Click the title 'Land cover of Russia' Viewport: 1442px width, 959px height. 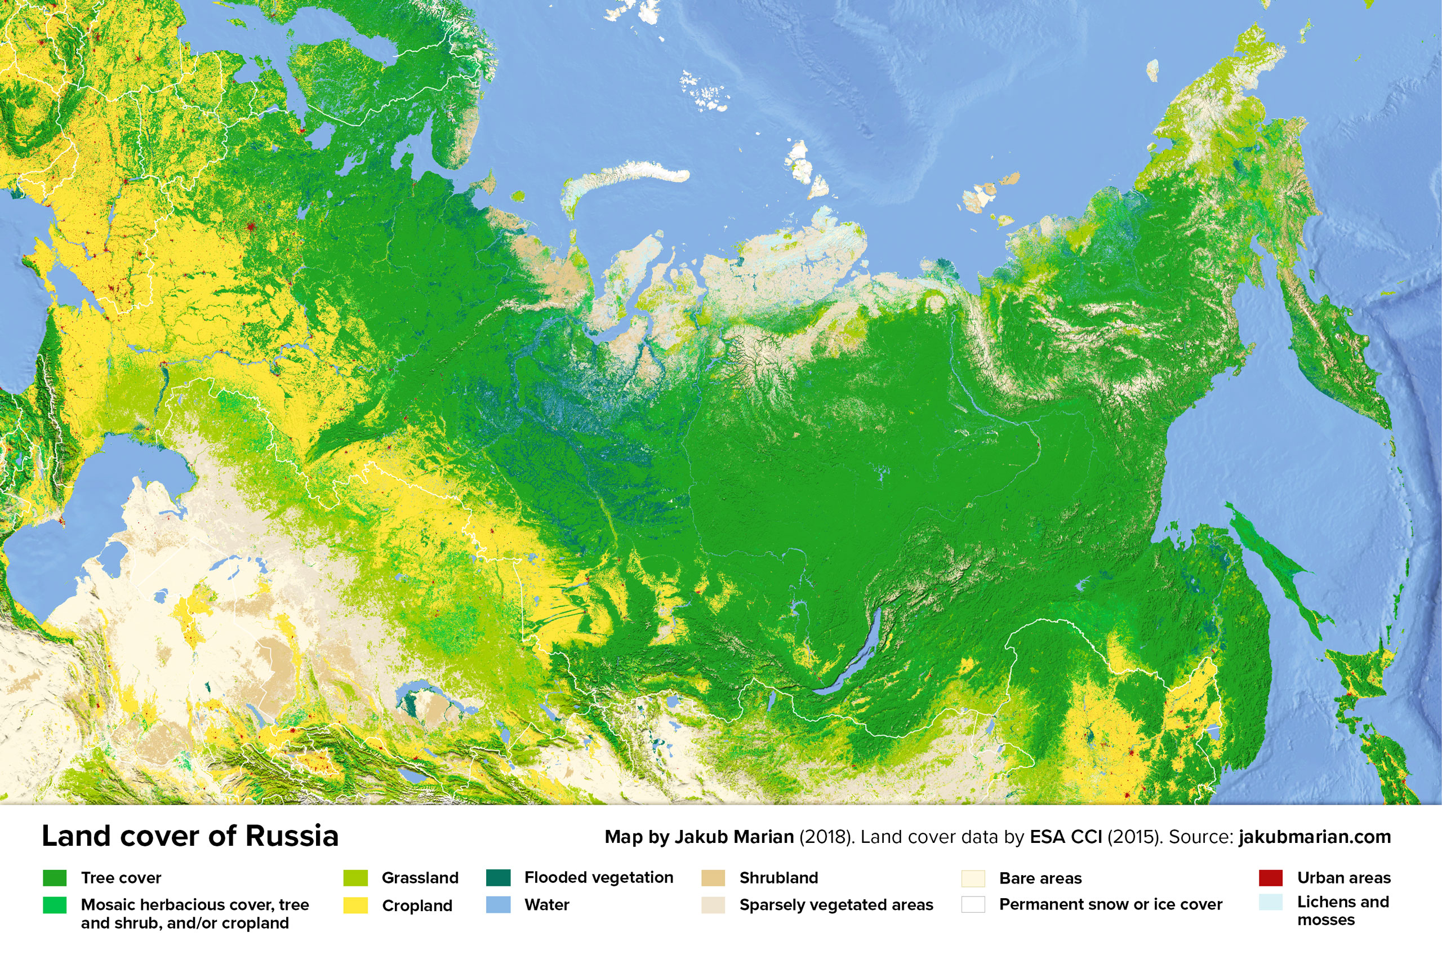[x=189, y=836]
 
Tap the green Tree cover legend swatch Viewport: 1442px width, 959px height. [x=55, y=878]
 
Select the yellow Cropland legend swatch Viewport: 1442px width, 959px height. [x=355, y=905]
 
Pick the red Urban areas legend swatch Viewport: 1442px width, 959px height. [x=1270, y=878]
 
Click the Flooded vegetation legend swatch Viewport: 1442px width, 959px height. [x=498, y=878]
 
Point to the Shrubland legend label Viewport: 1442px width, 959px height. [x=778, y=878]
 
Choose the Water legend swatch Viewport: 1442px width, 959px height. [x=498, y=904]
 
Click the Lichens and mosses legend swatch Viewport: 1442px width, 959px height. [x=1270, y=902]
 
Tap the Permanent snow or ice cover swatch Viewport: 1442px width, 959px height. [x=973, y=904]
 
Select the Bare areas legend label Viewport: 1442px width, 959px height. [x=1040, y=878]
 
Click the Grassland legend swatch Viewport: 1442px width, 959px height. [x=355, y=878]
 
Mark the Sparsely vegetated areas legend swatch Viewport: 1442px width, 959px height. [x=713, y=904]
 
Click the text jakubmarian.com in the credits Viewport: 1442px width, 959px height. [x=1314, y=837]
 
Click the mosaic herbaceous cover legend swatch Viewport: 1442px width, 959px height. [x=55, y=905]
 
